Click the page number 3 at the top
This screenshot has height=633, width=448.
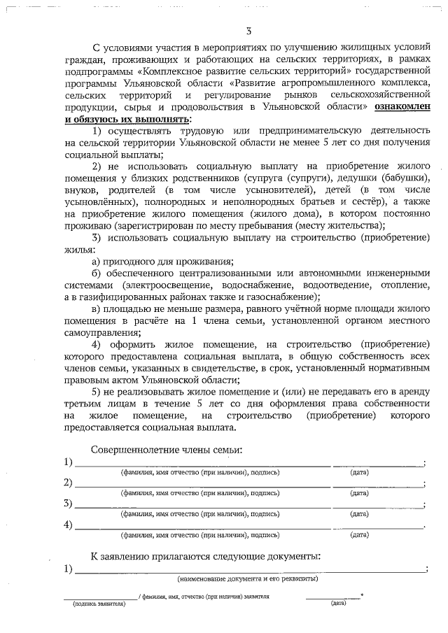point(248,31)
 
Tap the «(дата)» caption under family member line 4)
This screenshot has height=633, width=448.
point(360,534)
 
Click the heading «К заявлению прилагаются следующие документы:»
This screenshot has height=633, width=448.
point(206,556)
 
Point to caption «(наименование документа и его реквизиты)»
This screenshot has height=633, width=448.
point(248,579)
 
